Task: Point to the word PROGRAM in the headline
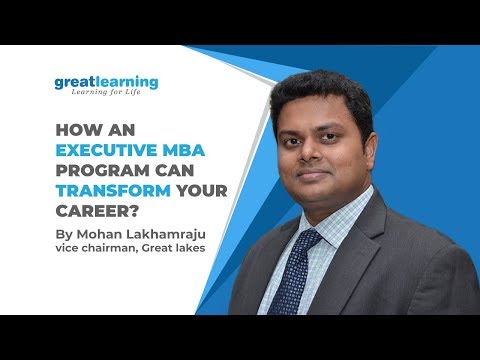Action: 97,172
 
